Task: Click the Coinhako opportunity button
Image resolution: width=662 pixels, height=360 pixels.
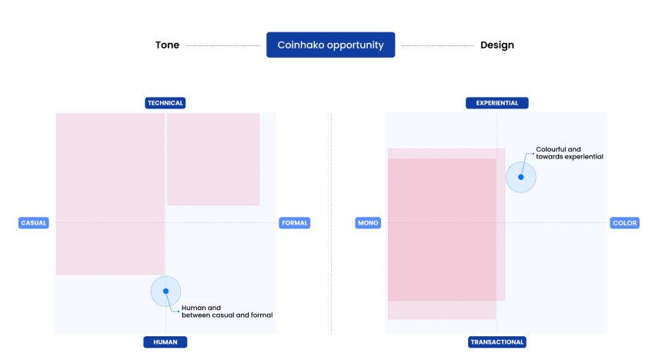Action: pos(330,45)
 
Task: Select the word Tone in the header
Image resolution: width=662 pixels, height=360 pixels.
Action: pos(167,45)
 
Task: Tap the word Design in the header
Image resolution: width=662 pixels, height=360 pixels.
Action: pos(496,45)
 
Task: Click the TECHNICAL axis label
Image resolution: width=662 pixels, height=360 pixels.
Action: pos(165,103)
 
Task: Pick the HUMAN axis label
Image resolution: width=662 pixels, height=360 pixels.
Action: pos(165,342)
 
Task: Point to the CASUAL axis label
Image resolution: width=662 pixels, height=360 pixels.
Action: pos(34,223)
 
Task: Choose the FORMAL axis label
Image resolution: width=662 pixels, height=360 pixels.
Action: pos(294,223)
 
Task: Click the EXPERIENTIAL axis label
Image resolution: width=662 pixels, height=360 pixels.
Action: pos(496,103)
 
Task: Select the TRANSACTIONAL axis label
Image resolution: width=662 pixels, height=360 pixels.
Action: pos(496,342)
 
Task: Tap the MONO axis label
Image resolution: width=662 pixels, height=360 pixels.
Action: pos(367,223)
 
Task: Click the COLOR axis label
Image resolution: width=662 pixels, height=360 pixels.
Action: pos(624,223)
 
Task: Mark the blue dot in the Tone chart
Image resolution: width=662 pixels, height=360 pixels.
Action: pos(165,292)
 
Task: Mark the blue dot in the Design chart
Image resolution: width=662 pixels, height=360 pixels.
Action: pos(521,177)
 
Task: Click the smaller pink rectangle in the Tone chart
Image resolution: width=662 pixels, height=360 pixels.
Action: pos(213,159)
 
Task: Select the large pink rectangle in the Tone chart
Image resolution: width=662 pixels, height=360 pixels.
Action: pos(109,194)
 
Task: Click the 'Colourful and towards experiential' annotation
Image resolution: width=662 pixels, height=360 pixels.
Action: pos(569,152)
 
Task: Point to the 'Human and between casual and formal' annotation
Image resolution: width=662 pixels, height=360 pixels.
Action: pos(226,312)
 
